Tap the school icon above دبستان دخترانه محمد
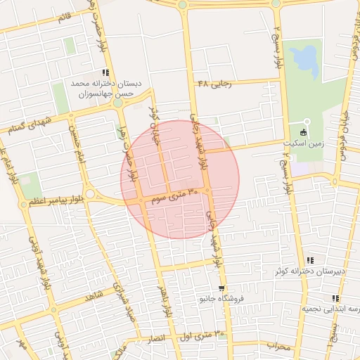point(105,72)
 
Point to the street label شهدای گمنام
point(25,124)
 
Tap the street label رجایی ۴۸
point(214,83)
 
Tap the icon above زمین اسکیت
point(304,132)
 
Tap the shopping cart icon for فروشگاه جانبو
point(222,288)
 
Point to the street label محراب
point(278,346)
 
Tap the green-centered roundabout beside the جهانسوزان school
point(118,103)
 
